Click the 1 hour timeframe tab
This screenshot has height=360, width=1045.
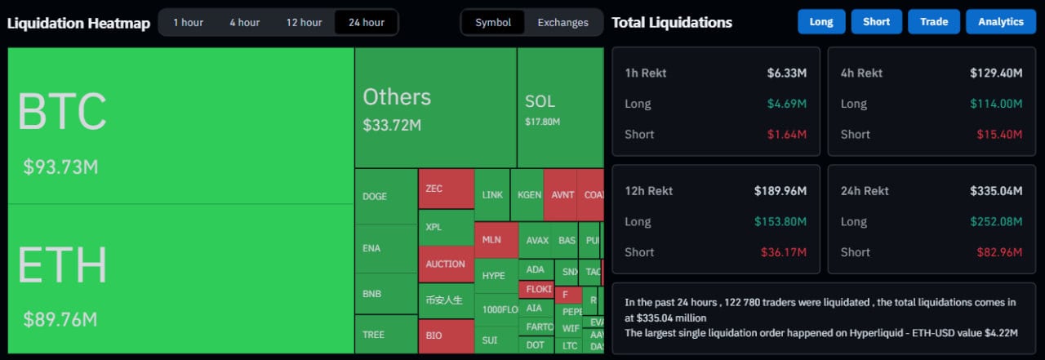[188, 22]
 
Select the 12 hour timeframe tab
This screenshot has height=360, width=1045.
[304, 22]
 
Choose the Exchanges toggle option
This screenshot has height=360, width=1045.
[563, 22]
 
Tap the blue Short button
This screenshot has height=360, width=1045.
[876, 22]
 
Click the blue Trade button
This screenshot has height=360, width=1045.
[933, 22]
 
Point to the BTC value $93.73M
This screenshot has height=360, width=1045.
[60, 167]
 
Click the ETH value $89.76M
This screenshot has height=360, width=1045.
[60, 319]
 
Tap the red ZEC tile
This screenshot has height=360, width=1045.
[446, 189]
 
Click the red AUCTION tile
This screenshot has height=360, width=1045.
[446, 264]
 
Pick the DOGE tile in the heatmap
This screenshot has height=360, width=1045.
[385, 197]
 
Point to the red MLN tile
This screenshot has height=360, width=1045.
[495, 240]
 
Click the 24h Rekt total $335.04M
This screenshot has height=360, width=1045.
[996, 191]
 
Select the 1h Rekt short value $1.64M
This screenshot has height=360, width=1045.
[789, 134]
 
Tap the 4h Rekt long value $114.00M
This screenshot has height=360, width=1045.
[996, 104]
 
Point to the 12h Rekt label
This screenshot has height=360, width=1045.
[648, 191]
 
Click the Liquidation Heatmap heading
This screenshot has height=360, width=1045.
[78, 23]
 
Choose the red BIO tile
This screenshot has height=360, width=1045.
[446, 336]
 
